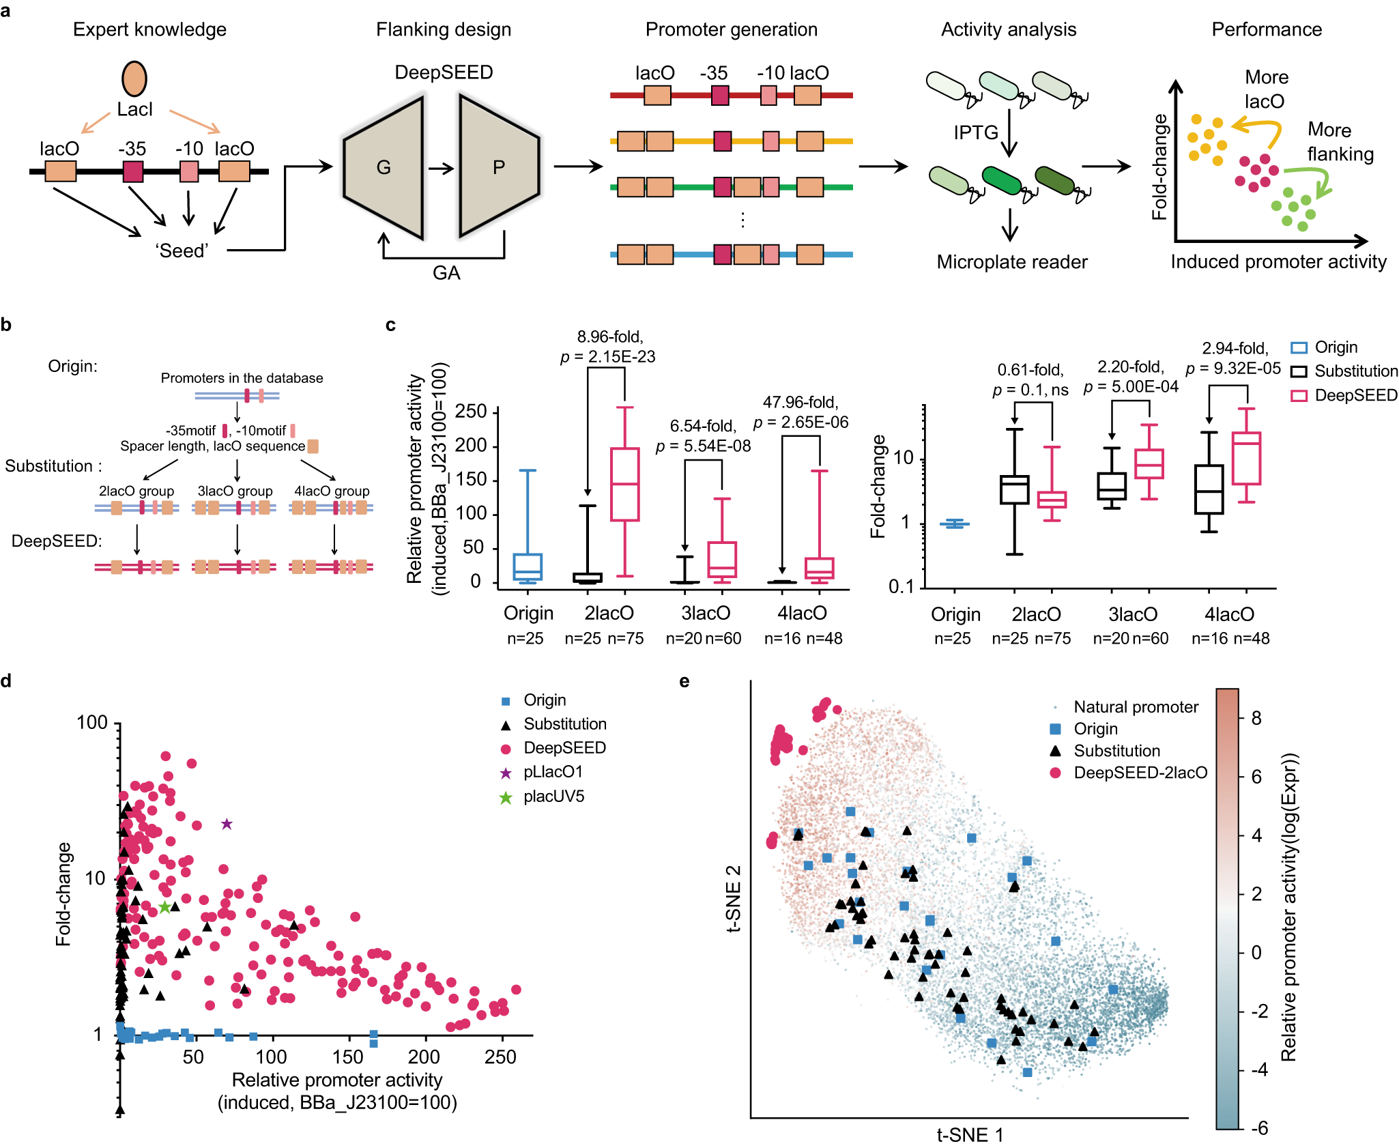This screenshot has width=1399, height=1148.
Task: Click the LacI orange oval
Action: pos(134,78)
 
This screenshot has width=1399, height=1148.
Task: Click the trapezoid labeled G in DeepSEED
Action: pos(384,167)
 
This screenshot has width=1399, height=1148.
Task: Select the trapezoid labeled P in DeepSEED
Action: pos(499,167)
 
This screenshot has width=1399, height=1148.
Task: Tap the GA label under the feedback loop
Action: pos(446,273)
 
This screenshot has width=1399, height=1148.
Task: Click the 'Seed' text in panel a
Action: pos(182,250)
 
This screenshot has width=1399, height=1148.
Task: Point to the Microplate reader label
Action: pos(1011,262)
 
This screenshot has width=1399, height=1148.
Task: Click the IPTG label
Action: pos(976,132)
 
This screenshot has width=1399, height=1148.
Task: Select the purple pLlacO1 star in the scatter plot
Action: pos(227,824)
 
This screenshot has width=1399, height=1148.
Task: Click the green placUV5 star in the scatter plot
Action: pos(164,907)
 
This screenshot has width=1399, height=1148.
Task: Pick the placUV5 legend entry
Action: pos(553,797)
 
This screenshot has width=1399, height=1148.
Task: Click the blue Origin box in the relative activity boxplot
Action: pos(528,566)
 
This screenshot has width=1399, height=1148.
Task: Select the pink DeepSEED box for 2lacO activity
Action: pos(624,485)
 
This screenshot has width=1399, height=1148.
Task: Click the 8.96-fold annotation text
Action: pos(610,336)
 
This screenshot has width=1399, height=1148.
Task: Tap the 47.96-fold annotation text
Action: pos(800,402)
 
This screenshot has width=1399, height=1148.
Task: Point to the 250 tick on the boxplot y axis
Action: pos(471,412)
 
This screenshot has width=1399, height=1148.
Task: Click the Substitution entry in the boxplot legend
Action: pos(1355,371)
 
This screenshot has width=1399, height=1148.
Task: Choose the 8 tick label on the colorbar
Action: pos(1256,718)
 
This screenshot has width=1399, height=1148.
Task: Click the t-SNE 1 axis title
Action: pos(970,1135)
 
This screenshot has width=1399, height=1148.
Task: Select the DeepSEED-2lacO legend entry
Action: pos(1140,773)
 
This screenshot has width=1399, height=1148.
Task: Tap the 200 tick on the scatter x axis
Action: pos(424,1057)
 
